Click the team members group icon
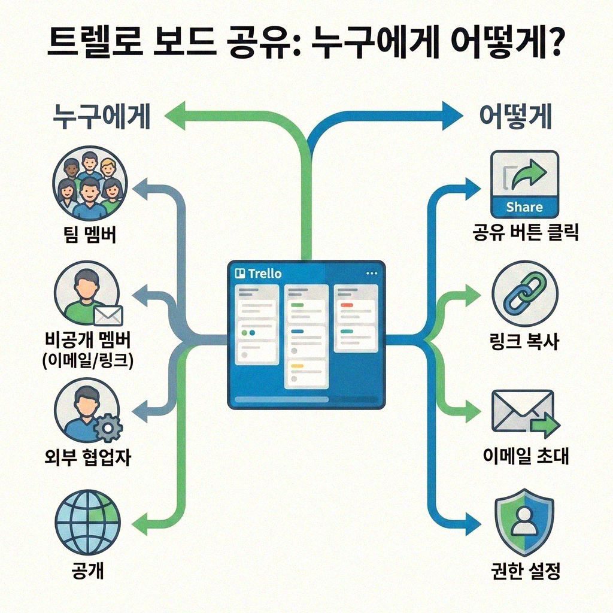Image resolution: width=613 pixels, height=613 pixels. [87, 180]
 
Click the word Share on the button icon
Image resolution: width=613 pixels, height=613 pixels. [524, 208]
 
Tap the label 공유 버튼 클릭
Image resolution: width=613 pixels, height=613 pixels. [525, 233]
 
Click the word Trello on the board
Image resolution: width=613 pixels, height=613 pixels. [264, 274]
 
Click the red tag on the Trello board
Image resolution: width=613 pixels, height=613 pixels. [346, 305]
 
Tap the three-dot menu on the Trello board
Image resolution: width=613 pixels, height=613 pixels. [371, 273]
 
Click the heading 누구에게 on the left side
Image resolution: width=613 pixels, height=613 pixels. [102, 118]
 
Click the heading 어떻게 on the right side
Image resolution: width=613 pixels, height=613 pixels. [516, 118]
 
